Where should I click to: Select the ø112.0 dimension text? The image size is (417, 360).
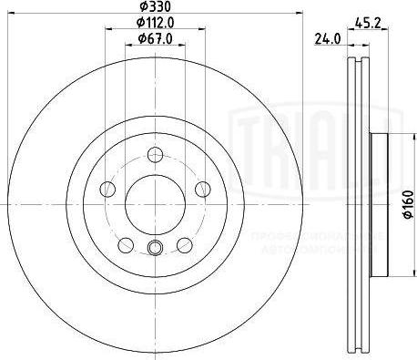(154, 23)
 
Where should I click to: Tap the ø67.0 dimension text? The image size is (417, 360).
(154, 37)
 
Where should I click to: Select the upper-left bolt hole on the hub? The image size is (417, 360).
(107, 188)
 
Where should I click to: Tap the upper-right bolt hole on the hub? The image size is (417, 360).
(201, 188)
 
